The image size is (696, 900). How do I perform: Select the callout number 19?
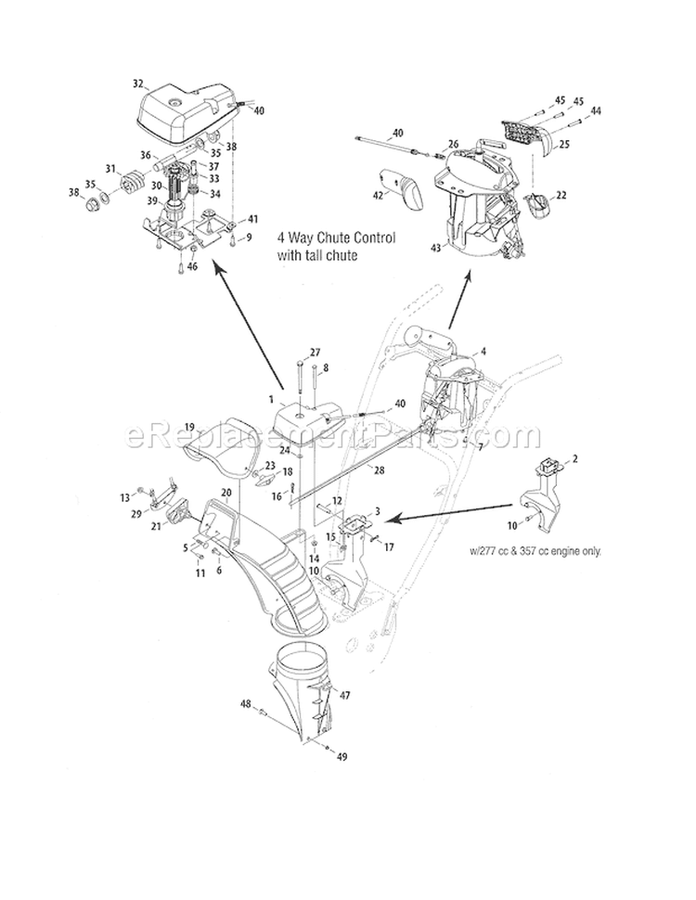coord(189,428)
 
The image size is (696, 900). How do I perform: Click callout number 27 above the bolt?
coord(315,352)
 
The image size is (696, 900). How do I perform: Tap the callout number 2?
coord(575,458)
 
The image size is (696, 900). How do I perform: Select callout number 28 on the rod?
coord(354,471)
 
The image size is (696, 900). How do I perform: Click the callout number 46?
coord(193,267)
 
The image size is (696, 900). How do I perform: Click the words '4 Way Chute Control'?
coord(336,238)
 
